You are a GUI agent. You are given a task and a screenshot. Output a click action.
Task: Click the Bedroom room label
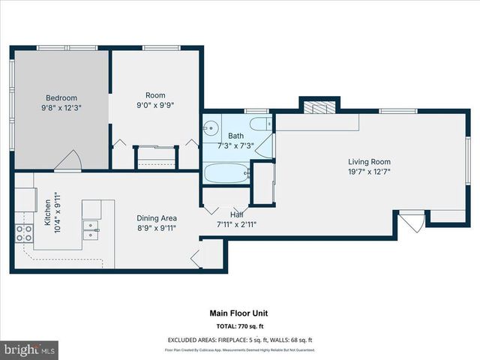(x=61, y=97)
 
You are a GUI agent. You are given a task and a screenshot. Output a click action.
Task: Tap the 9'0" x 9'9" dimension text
(x=155, y=106)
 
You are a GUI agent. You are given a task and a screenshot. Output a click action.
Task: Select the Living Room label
(x=369, y=161)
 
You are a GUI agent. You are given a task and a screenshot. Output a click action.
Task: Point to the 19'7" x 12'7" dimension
(x=369, y=172)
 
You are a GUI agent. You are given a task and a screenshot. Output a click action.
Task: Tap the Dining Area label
(x=156, y=217)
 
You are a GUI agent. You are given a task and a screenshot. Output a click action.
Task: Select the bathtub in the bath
(x=226, y=174)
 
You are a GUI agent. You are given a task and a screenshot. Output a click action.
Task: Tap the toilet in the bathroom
(x=259, y=124)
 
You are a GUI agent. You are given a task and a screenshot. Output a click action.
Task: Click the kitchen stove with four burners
(x=24, y=233)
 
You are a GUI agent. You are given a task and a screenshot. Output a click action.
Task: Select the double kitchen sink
(x=91, y=229)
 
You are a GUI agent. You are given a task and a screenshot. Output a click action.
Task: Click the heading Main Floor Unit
(x=239, y=313)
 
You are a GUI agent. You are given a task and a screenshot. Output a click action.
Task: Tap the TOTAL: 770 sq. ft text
(x=239, y=327)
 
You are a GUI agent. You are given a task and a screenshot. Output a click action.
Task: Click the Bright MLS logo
(x=30, y=349)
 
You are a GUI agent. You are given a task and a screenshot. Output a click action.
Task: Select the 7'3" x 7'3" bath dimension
(x=235, y=145)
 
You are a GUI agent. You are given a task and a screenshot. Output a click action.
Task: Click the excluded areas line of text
(x=239, y=340)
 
